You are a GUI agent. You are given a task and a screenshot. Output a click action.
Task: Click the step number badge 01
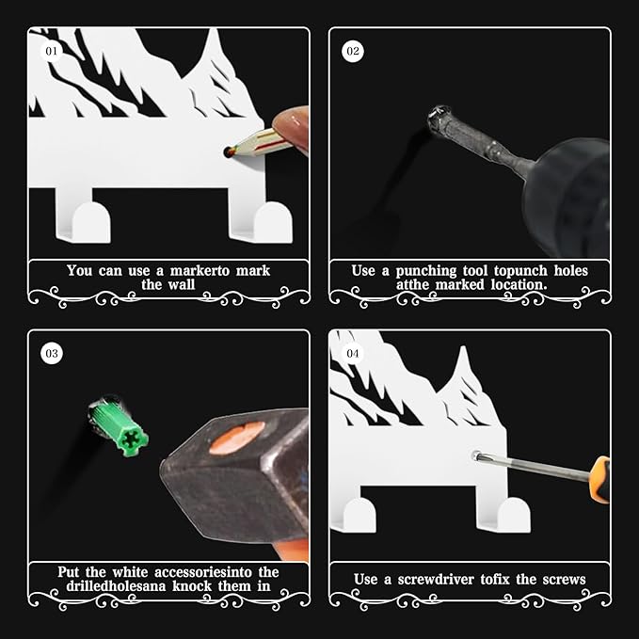tap(51, 51)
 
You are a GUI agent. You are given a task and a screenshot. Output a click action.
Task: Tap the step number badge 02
tap(353, 51)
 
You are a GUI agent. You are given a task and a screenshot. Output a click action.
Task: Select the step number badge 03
tap(51, 354)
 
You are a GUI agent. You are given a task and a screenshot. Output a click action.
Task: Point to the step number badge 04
tap(353, 354)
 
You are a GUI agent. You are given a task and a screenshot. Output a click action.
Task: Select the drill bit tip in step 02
tap(436, 119)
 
